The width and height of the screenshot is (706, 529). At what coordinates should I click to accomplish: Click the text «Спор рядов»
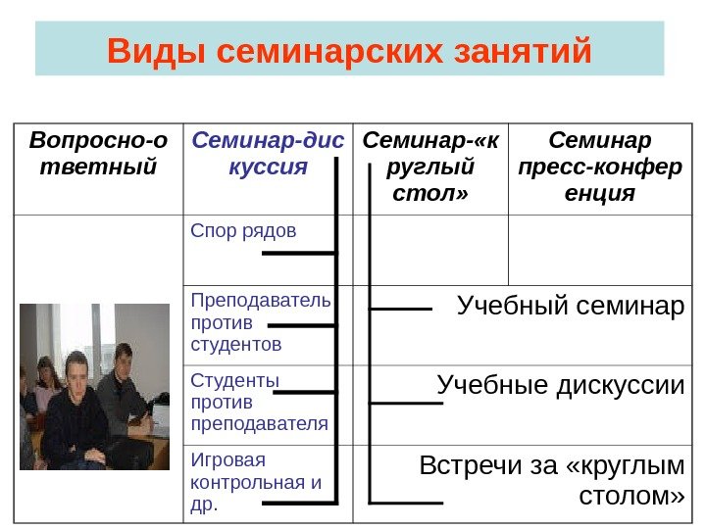242,231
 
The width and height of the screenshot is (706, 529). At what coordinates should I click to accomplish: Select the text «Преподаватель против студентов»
261,321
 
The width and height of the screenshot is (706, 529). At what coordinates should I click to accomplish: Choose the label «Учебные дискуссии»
560,383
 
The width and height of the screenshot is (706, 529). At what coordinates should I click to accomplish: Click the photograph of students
95,387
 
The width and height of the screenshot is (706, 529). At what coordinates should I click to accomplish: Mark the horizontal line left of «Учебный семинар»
400,310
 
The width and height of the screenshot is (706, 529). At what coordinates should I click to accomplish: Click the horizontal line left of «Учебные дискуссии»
400,402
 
